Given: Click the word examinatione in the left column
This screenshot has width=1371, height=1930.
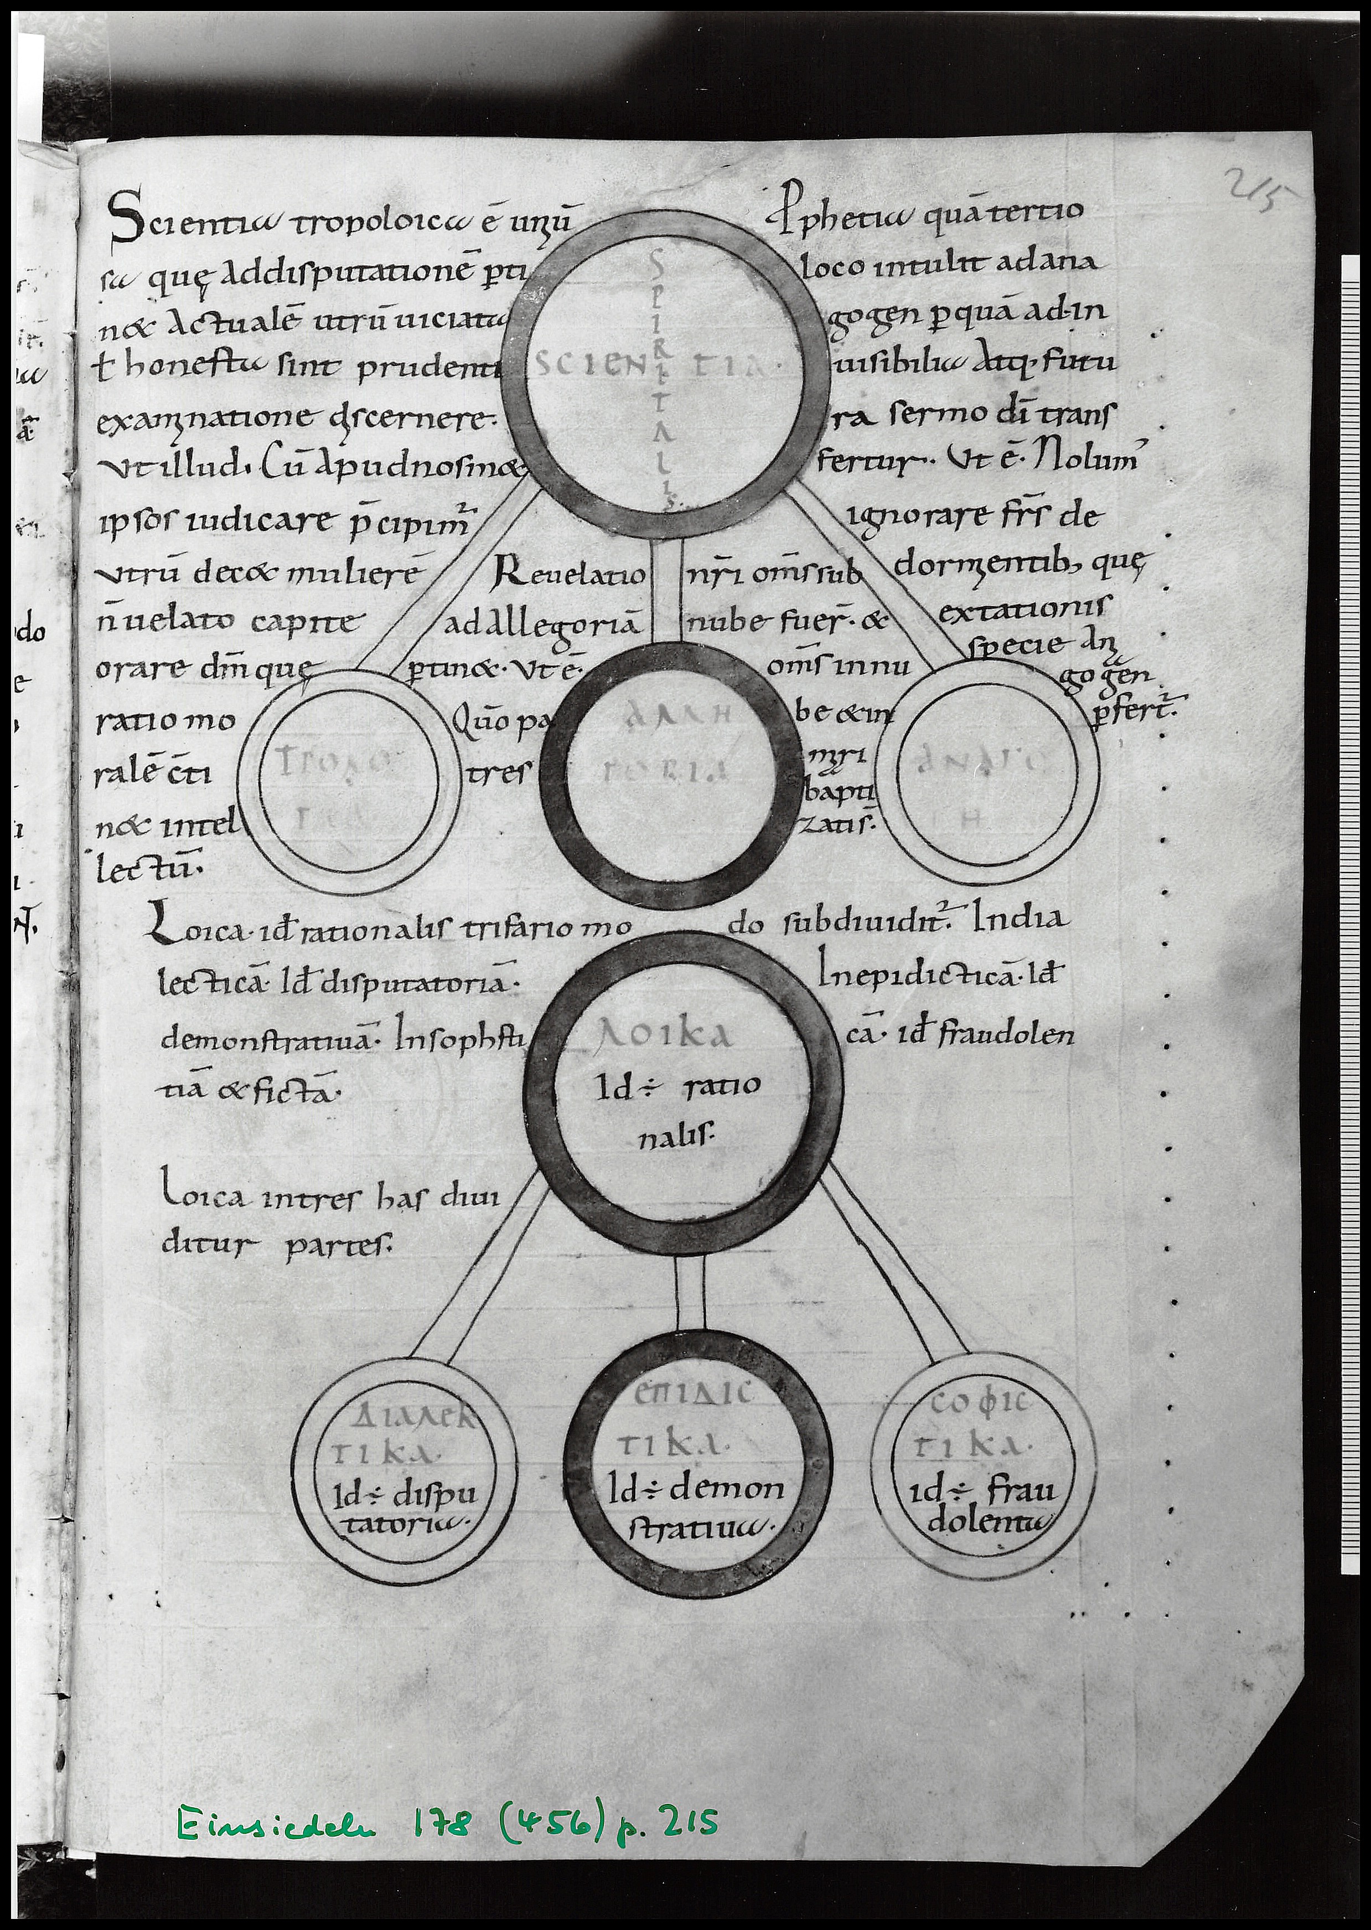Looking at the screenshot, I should point(201,420).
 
